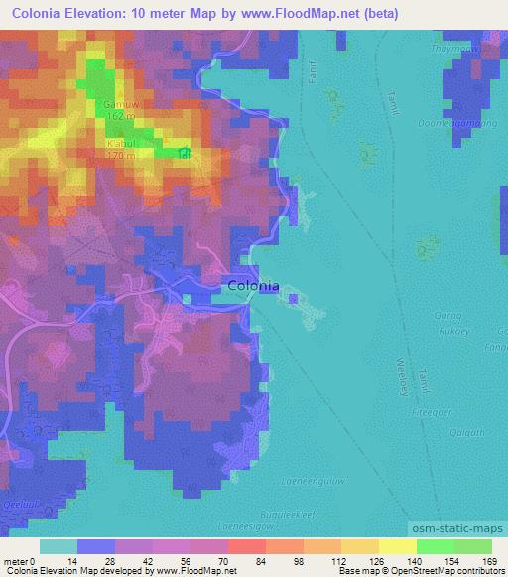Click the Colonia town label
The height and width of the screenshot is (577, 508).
[253, 286]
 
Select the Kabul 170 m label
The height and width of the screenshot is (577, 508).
[120, 150]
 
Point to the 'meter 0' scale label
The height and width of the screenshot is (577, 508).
[19, 560]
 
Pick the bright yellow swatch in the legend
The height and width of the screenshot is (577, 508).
[397, 546]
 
